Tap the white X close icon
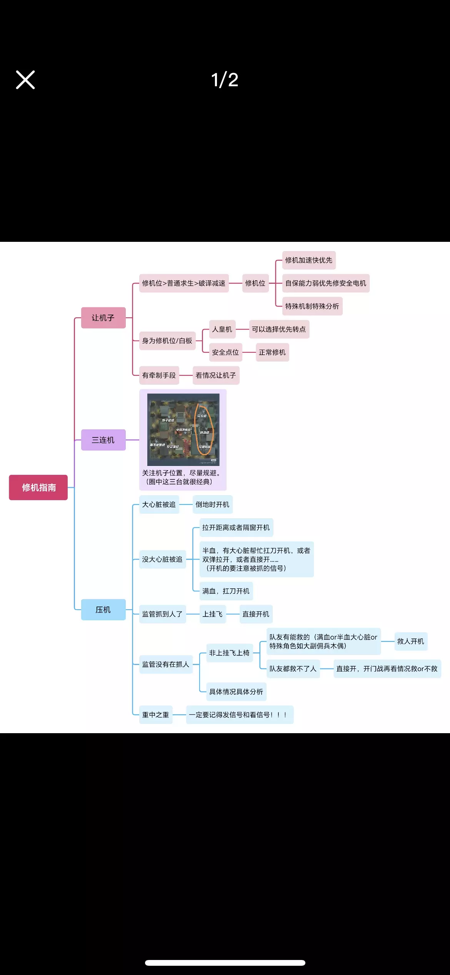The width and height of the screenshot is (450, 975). pos(25,80)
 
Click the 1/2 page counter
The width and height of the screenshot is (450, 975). pos(225,80)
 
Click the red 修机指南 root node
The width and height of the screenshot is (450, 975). pos(38,487)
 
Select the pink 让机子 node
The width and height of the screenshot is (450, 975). pos(103,318)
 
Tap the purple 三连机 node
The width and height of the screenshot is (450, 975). pos(103,440)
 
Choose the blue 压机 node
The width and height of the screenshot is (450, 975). pos(103,610)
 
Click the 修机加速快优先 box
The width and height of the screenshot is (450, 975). pos(308,260)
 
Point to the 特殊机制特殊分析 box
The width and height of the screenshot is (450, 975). pos(312,306)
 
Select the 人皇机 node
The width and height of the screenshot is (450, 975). pos(222,329)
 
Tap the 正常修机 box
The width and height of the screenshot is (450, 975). pos(272,352)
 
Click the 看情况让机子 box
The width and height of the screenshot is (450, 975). pos(215,375)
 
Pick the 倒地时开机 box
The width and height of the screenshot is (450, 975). pos(212,504)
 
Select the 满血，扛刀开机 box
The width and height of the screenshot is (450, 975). pos(226,591)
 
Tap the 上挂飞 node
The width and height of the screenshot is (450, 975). pos(212,614)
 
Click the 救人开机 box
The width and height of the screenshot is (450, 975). pos(410,641)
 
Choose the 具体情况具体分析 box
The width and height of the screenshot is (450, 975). pos(236,692)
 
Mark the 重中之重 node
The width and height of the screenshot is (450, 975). pos(155,715)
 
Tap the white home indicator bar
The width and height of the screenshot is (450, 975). pos(225,963)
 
